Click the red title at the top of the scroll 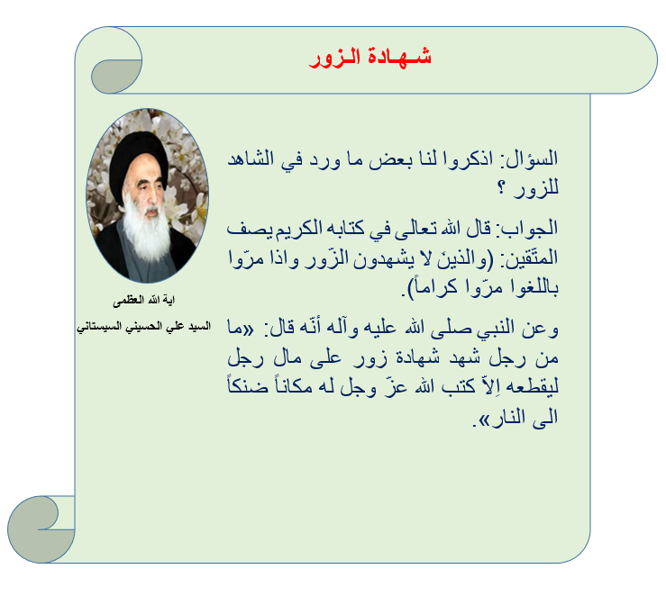pyautogui.click(x=370, y=58)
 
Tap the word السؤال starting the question pyautogui.click(x=532, y=158)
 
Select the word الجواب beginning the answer pyautogui.click(x=529, y=229)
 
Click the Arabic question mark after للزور pyautogui.click(x=502, y=187)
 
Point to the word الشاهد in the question pyautogui.click(x=251, y=158)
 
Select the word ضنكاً pyautogui.click(x=248, y=385)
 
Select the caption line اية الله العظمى pyautogui.click(x=143, y=301)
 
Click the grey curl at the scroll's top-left pyautogui.click(x=114, y=76)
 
